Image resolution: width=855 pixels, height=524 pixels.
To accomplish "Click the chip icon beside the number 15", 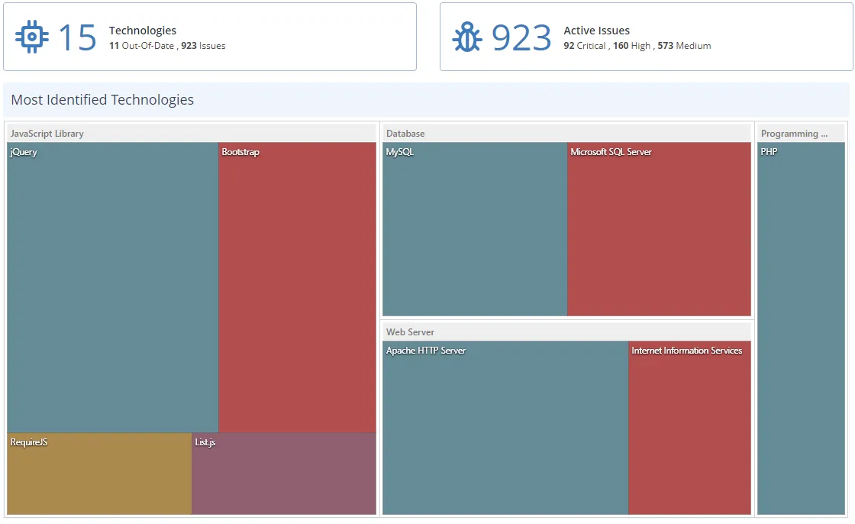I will tap(32, 37).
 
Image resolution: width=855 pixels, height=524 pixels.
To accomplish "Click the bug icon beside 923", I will tap(466, 37).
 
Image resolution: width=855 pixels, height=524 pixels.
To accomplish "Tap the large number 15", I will tap(77, 37).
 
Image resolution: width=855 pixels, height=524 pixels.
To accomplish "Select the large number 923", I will tap(521, 37).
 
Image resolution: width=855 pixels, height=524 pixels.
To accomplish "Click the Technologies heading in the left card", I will tap(143, 31).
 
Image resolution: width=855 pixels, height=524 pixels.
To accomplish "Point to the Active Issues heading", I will tap(596, 31).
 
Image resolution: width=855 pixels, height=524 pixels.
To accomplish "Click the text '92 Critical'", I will tap(585, 46).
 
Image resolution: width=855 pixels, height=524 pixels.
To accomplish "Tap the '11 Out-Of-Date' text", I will tap(141, 46).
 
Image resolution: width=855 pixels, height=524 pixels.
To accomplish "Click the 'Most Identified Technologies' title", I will tap(102, 100).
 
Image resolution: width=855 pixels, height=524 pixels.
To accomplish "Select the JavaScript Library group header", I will tap(47, 134).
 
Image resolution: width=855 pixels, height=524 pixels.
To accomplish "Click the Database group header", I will tap(405, 134).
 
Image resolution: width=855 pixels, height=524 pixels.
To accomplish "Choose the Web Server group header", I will tap(410, 332).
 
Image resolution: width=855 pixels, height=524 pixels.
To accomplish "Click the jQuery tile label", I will tap(24, 152).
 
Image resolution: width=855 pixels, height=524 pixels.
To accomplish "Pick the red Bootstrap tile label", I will tap(240, 152).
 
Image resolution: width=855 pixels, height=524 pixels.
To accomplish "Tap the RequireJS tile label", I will tap(29, 442).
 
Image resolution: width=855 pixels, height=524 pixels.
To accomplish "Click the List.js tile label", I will tap(205, 442).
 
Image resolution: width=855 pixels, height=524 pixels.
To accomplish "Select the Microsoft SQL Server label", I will tap(611, 152).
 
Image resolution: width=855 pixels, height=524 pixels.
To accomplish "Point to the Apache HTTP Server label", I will tap(425, 351).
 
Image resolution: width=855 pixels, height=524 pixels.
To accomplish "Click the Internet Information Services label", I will tap(686, 351).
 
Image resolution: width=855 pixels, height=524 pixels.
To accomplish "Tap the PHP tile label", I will tap(769, 152).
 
